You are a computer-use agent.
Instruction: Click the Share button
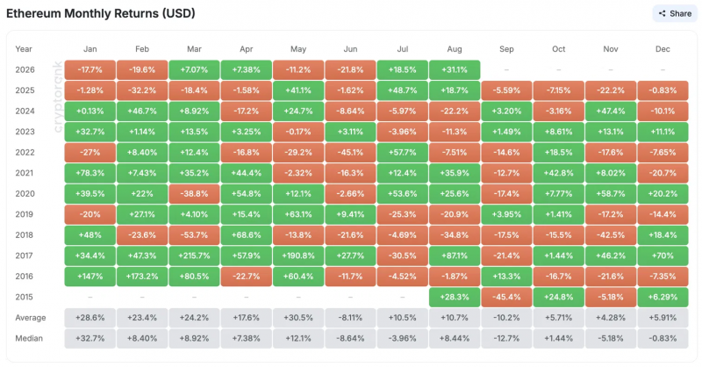(675, 13)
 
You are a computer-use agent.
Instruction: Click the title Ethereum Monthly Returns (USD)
(101, 13)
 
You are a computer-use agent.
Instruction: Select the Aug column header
(454, 49)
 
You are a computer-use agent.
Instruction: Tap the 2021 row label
(25, 173)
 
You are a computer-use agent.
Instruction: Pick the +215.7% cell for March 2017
(194, 255)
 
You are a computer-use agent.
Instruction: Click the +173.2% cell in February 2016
(142, 277)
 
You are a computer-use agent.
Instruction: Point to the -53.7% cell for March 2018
(194, 235)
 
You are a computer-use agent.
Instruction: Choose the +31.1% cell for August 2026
(455, 70)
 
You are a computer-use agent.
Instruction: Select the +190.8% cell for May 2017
(298, 255)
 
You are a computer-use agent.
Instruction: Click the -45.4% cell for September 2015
(506, 297)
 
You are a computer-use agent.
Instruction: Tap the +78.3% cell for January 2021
(90, 173)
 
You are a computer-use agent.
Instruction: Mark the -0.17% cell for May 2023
(298, 132)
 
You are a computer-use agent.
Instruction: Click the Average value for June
(350, 318)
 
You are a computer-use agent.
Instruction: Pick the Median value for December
(663, 338)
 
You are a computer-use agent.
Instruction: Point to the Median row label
(29, 338)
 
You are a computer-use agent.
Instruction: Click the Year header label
(24, 49)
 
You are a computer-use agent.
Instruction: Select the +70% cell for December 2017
(663, 255)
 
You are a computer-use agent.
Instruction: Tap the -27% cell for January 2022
(90, 153)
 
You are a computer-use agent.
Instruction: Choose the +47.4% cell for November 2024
(611, 112)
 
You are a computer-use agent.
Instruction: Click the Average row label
(31, 318)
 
